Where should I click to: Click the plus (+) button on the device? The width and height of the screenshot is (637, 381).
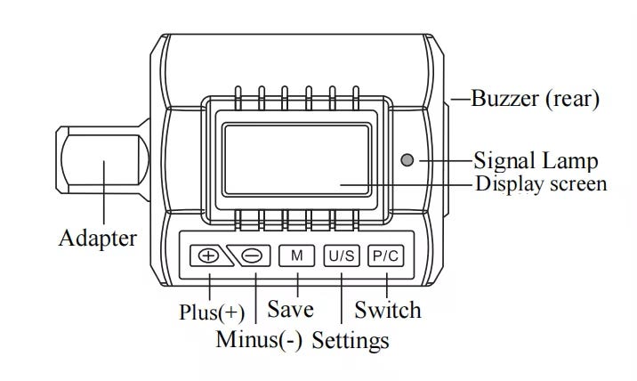[x=207, y=255]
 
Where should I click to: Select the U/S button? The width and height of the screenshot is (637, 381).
[x=342, y=255]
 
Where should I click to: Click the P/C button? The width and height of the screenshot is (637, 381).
[x=385, y=255]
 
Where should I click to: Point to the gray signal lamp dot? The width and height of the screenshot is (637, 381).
[x=407, y=160]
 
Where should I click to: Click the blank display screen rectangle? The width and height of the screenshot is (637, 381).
[x=296, y=160]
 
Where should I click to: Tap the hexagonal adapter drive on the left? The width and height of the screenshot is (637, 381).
[x=102, y=159]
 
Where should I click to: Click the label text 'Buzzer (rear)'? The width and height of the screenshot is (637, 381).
[x=535, y=99]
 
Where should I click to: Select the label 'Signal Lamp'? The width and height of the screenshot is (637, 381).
[x=536, y=160]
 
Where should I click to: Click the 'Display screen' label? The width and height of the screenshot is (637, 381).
[x=541, y=183]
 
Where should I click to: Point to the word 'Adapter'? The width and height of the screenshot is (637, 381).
[x=98, y=239]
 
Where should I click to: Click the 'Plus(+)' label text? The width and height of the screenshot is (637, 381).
[x=212, y=312]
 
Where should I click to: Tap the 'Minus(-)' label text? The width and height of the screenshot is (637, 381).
[x=259, y=339]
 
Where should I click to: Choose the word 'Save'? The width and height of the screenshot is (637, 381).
[x=290, y=309]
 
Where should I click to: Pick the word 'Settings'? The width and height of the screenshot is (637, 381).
[x=351, y=340]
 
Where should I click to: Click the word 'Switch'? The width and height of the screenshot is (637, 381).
[x=388, y=310]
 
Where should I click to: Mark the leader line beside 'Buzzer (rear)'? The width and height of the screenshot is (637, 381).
[x=460, y=99]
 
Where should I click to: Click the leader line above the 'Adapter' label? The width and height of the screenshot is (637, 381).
[x=104, y=192]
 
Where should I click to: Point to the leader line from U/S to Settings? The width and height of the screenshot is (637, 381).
[x=342, y=298]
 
